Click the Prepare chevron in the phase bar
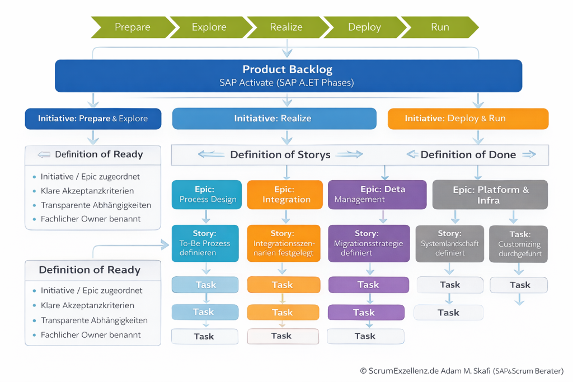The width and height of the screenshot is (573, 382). click(x=130, y=27)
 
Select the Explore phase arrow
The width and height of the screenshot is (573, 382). click(x=209, y=27)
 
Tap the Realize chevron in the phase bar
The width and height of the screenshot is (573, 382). click(x=286, y=27)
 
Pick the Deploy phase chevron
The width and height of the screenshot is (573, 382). click(x=363, y=27)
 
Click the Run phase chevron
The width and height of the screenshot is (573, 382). click(x=440, y=27)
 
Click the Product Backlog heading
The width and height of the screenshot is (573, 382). click(x=288, y=70)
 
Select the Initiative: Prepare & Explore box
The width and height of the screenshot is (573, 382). click(x=93, y=119)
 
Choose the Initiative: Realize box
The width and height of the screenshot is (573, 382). click(x=274, y=119)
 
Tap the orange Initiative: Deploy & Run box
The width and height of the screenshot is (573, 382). click(x=468, y=119)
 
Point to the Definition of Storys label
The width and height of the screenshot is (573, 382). click(x=280, y=155)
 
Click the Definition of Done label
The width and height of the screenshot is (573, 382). click(x=468, y=155)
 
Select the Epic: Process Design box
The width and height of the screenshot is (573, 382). click(x=207, y=195)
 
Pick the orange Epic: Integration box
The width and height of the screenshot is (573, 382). click(x=285, y=195)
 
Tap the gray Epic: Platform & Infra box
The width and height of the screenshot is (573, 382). click(x=490, y=195)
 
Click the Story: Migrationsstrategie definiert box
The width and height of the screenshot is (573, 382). click(x=367, y=243)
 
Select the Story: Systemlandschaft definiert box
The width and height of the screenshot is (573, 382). click(x=449, y=243)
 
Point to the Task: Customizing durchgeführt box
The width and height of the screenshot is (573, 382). click(x=519, y=243)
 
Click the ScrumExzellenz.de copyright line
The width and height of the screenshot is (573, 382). click(x=462, y=371)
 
